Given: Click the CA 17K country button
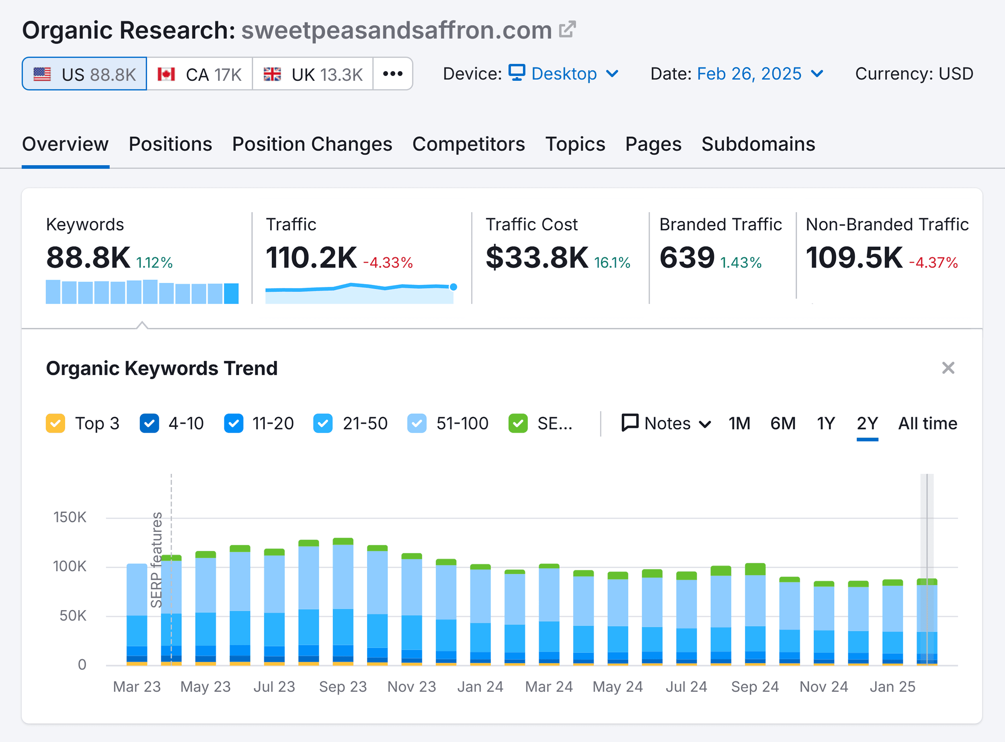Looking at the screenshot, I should coord(200,74).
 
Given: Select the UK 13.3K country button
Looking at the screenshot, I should coord(312,74).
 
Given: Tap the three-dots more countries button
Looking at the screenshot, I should coord(393,74).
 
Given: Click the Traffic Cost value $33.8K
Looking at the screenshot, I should coord(536,257).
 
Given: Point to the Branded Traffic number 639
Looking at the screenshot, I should coord(686,257).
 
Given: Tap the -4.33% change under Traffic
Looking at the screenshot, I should coord(388,263).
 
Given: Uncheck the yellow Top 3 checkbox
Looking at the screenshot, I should coord(55,423).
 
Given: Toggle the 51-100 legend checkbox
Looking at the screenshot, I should coord(416,423).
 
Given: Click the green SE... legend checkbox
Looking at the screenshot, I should coord(517,423).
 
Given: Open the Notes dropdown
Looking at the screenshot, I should coord(666,423).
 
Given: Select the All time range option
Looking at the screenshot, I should coord(927,423).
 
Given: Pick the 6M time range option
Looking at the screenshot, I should coord(782,423).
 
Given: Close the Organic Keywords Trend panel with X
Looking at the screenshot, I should coord(948,368).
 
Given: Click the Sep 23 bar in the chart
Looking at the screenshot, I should coord(343,602).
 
